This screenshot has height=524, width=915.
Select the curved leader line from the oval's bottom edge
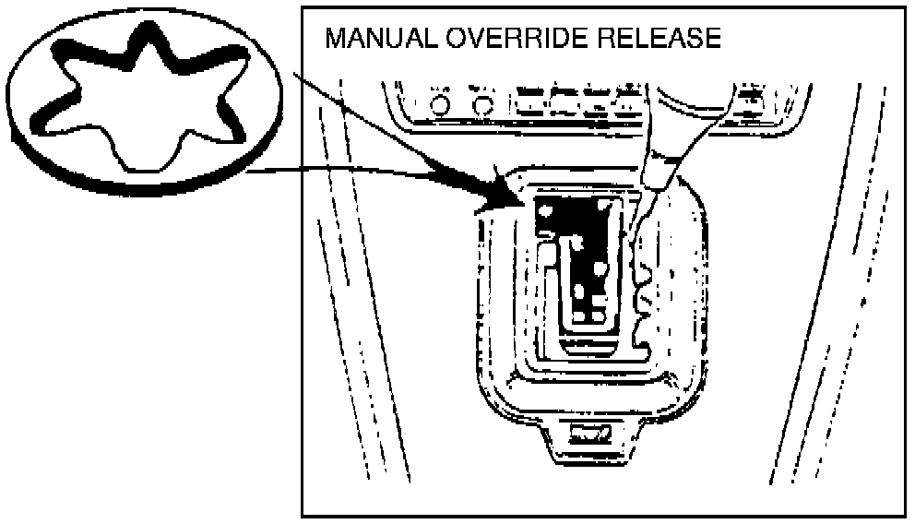coord(369,168)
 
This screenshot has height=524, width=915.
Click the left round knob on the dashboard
coord(440,107)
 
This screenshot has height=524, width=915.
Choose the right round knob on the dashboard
coord(481,107)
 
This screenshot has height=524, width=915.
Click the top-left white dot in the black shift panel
coord(546,211)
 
